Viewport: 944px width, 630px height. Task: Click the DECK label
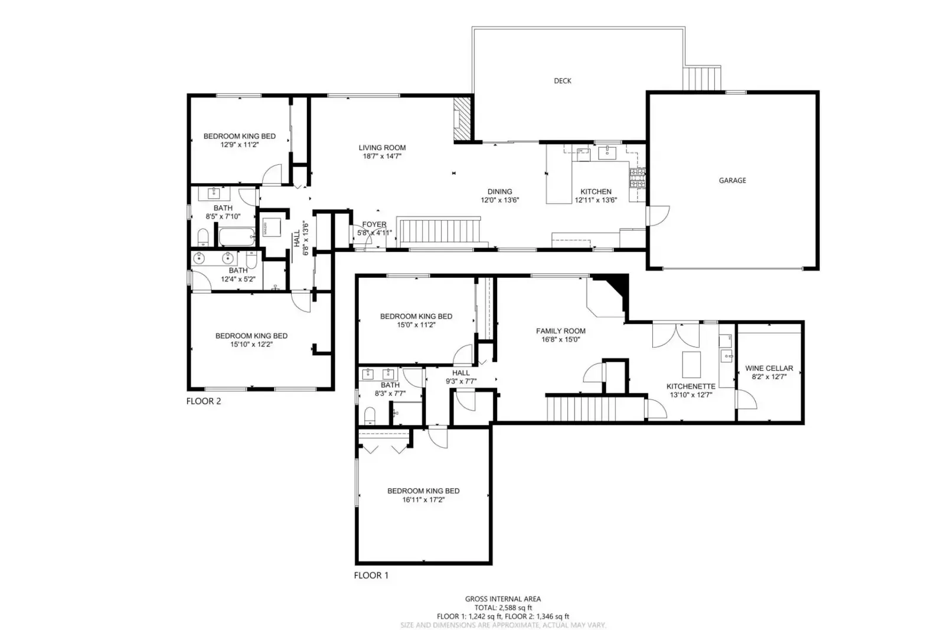pyautogui.click(x=562, y=81)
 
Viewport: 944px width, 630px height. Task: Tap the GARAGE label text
pyautogui.click(x=732, y=180)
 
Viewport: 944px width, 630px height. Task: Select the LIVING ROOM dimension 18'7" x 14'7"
pyautogui.click(x=382, y=157)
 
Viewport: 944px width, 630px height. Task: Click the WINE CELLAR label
pyautogui.click(x=769, y=368)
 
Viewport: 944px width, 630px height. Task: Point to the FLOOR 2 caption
pyautogui.click(x=203, y=401)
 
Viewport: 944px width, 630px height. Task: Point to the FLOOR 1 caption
pyautogui.click(x=371, y=575)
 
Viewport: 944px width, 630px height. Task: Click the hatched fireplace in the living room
pyautogui.click(x=462, y=119)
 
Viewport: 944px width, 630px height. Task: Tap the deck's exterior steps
pyautogui.click(x=702, y=78)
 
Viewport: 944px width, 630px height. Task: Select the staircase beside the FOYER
pyautogui.click(x=440, y=230)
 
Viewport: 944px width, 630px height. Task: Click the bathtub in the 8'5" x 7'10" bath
pyautogui.click(x=236, y=238)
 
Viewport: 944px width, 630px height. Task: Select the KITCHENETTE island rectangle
pyautogui.click(x=691, y=364)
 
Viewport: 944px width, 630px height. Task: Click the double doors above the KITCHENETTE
pyautogui.click(x=675, y=336)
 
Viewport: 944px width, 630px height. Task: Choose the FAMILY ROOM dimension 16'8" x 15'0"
pyautogui.click(x=560, y=340)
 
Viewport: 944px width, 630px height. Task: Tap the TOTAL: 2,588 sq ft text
pyautogui.click(x=503, y=608)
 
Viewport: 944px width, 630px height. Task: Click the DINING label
pyautogui.click(x=499, y=191)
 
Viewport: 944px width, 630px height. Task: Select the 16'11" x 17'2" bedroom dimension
pyautogui.click(x=423, y=499)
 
